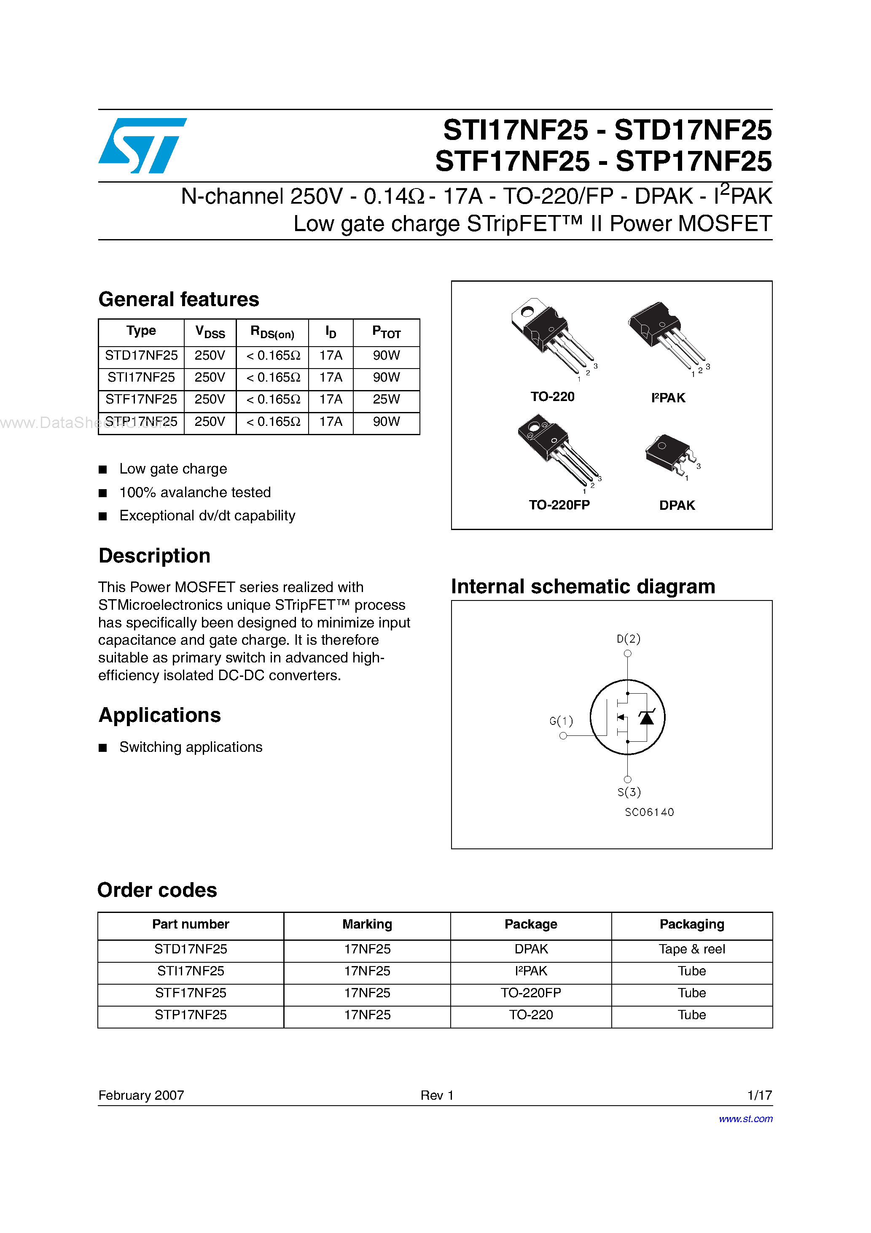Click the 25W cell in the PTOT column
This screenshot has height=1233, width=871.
pos(386,399)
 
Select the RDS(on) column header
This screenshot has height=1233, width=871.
pos(272,332)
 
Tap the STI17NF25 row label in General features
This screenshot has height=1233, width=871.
pos(141,377)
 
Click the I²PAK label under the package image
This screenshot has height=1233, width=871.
pos(668,398)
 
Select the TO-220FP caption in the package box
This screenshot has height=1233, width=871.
pos(559,505)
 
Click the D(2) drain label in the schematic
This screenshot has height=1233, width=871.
pos(628,638)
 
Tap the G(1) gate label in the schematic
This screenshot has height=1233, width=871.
pos(561,721)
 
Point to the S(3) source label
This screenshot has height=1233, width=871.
pos(629,792)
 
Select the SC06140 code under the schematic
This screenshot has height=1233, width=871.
pos(649,812)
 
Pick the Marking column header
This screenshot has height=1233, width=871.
pos(367,924)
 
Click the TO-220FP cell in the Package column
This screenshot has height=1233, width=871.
pos(530,993)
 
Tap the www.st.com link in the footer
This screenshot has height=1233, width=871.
pos(745,1119)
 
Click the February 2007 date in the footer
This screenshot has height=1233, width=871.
pos(141,1095)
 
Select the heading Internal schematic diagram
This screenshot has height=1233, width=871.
pos(583,587)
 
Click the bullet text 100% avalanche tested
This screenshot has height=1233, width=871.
pos(195,493)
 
